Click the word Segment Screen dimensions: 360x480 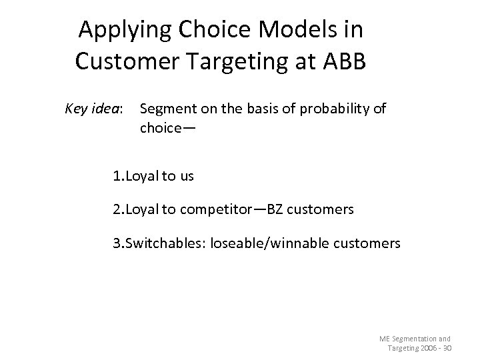(166, 108)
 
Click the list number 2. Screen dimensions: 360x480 (117, 209)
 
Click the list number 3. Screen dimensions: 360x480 (117, 243)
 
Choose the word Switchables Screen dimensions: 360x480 (163, 243)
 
